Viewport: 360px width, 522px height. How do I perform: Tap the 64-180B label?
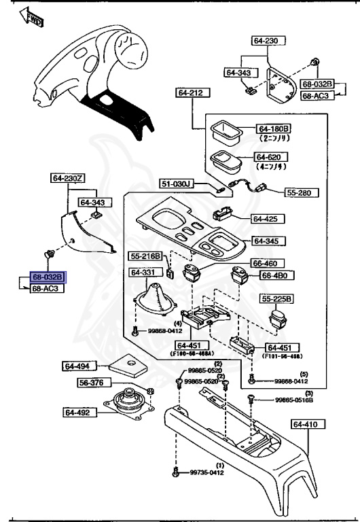pyautogui.click(x=273, y=128)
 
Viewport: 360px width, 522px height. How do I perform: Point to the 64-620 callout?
pyautogui.click(x=273, y=157)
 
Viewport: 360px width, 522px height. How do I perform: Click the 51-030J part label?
pyautogui.click(x=177, y=184)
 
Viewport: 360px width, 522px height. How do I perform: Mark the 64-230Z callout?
pyautogui.click(x=67, y=178)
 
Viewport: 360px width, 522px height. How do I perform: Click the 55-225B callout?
pyautogui.click(x=277, y=298)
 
